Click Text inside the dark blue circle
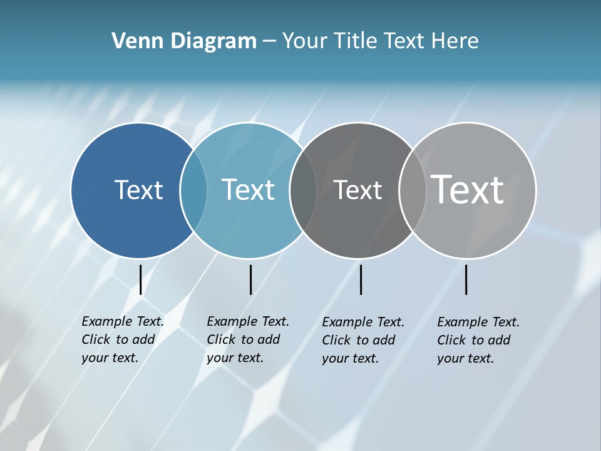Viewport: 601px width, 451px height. coord(138,190)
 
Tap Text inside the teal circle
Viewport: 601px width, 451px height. coord(248,190)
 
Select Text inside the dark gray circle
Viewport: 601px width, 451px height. coord(357,190)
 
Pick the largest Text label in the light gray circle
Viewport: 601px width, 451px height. coord(468,190)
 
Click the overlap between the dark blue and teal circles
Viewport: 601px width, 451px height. coord(193,190)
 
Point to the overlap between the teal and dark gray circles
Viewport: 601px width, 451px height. coord(303,190)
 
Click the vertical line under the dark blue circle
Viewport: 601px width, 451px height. coord(140,279)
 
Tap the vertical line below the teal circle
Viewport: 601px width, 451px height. coord(250,279)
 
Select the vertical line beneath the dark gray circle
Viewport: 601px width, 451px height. coord(361,279)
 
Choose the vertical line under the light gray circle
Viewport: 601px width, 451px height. coord(466,279)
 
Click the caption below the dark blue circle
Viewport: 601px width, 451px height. coord(122,340)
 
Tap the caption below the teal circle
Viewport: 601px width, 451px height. coord(247,340)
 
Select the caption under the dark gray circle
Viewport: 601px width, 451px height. coord(362,340)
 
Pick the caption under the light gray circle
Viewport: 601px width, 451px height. coord(478,340)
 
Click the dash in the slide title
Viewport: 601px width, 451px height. coord(269,42)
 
